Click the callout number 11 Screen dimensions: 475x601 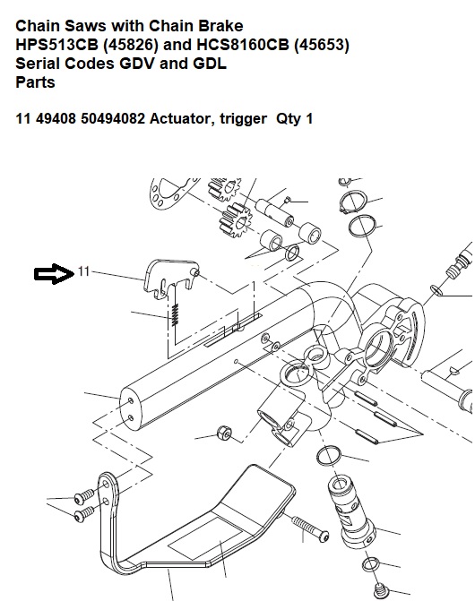click(83, 271)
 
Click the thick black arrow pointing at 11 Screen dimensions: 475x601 click(54, 274)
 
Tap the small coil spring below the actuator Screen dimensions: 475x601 click(175, 314)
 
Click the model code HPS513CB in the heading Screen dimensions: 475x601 click(56, 45)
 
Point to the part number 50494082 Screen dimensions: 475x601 click(113, 118)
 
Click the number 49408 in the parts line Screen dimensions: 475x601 click(56, 118)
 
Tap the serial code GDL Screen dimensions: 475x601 click(210, 64)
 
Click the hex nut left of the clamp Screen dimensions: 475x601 click(224, 434)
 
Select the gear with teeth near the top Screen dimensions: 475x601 click(235, 221)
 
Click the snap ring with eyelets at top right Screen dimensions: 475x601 click(353, 202)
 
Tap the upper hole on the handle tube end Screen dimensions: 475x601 click(131, 401)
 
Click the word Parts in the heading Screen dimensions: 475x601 click(35, 82)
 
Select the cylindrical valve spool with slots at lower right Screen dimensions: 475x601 click(350, 514)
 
